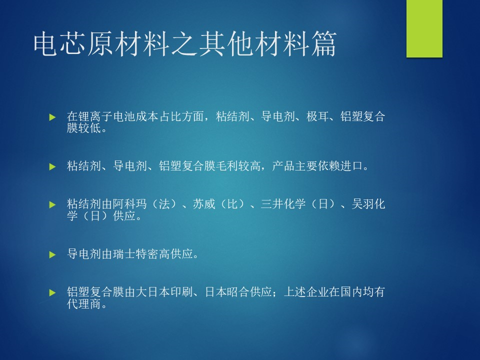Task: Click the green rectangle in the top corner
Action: coord(424,28)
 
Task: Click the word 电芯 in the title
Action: coord(60,44)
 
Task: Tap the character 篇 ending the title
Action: coord(324,44)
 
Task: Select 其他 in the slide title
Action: coord(227,44)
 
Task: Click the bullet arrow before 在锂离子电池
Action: coord(52,117)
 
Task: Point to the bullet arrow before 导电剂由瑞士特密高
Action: coord(52,254)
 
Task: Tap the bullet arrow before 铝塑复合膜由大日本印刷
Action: coord(52,292)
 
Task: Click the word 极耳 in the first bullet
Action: coord(317,116)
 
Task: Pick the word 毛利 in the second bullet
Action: coord(238,166)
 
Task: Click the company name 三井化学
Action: coord(283,204)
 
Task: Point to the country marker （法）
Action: coord(164,204)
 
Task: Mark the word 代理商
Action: coord(84,304)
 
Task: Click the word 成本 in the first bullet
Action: coord(147,116)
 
